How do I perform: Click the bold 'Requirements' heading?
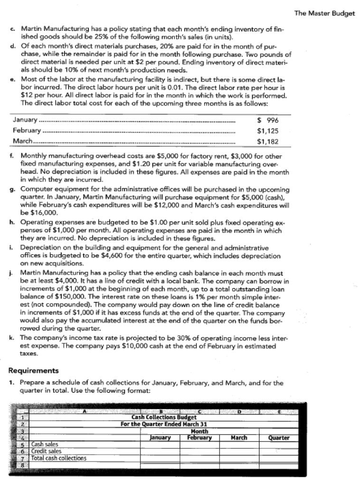pos(34,371)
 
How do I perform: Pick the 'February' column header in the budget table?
pos(199,438)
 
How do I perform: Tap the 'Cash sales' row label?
pos(46,445)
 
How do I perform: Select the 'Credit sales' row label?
pos(46,451)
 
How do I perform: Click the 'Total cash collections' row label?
pos(58,458)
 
